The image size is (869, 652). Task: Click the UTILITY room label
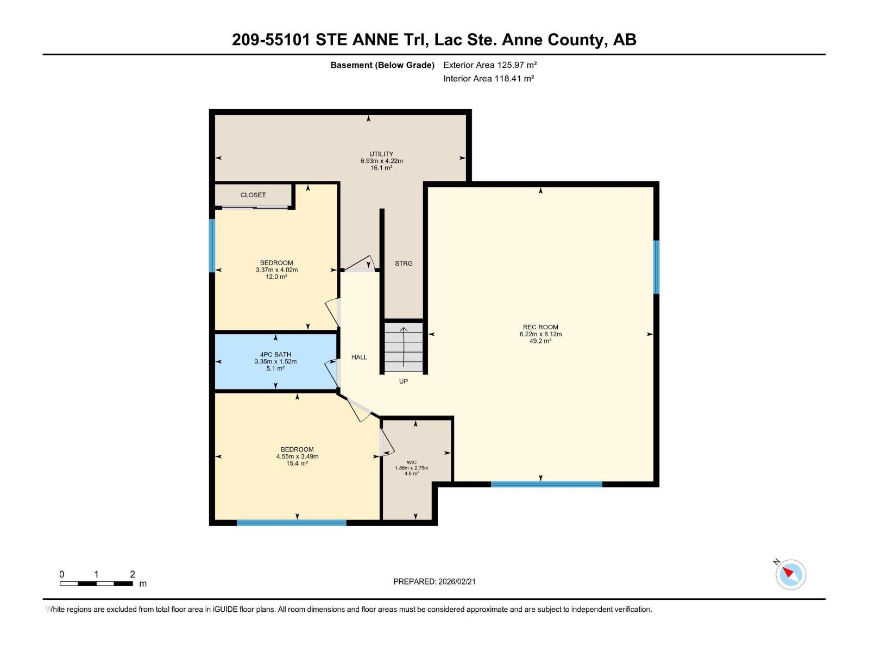[381, 154]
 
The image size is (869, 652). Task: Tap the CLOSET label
[253, 195]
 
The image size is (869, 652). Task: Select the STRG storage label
[404, 264]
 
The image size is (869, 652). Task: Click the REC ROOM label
[540, 327]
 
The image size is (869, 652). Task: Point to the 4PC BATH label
[275, 355]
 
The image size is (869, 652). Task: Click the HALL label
[359, 357]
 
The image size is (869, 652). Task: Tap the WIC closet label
[411, 462]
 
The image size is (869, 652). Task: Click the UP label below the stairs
[403, 381]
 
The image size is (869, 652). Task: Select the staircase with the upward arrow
[404, 347]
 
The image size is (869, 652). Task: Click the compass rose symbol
[790, 574]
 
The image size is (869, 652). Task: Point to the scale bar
[96, 583]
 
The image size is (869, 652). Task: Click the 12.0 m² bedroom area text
[276, 277]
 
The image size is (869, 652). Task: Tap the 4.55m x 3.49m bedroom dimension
[297, 456]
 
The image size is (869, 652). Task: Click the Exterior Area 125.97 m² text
[490, 65]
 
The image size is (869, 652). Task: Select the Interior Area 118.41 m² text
[488, 78]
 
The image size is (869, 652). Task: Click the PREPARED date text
[434, 581]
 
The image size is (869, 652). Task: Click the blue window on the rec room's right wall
[656, 267]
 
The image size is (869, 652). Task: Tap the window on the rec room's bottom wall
[546, 484]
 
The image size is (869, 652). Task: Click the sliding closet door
[255, 207]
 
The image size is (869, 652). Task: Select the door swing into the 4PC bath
[332, 373]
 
